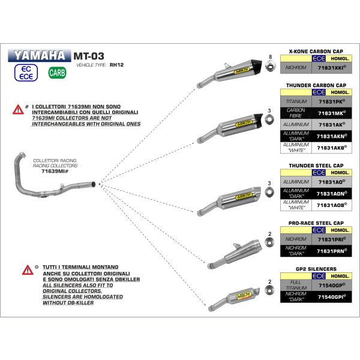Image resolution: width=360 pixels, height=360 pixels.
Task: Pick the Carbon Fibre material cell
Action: [295, 113]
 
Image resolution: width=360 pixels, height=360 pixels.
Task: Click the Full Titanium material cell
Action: [295, 286]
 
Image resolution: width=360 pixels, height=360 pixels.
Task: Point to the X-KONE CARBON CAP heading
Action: [317, 52]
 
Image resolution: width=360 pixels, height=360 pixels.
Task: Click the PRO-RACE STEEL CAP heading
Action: [317, 223]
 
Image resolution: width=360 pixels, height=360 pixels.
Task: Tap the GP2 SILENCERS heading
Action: [317, 269]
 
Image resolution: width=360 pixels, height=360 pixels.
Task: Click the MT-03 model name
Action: [87, 56]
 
